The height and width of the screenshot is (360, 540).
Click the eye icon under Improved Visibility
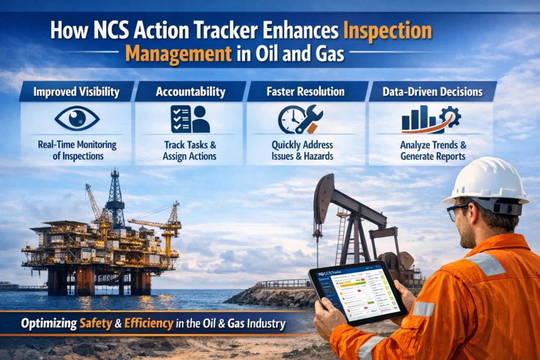click(x=76, y=119)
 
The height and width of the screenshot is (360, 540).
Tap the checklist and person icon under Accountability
click(x=190, y=119)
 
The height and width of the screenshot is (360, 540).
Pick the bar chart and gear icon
click(x=431, y=119)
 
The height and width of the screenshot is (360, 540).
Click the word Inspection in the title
click(x=387, y=31)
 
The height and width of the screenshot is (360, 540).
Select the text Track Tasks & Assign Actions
click(x=189, y=150)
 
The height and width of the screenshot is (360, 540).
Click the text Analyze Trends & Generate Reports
click(x=432, y=150)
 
